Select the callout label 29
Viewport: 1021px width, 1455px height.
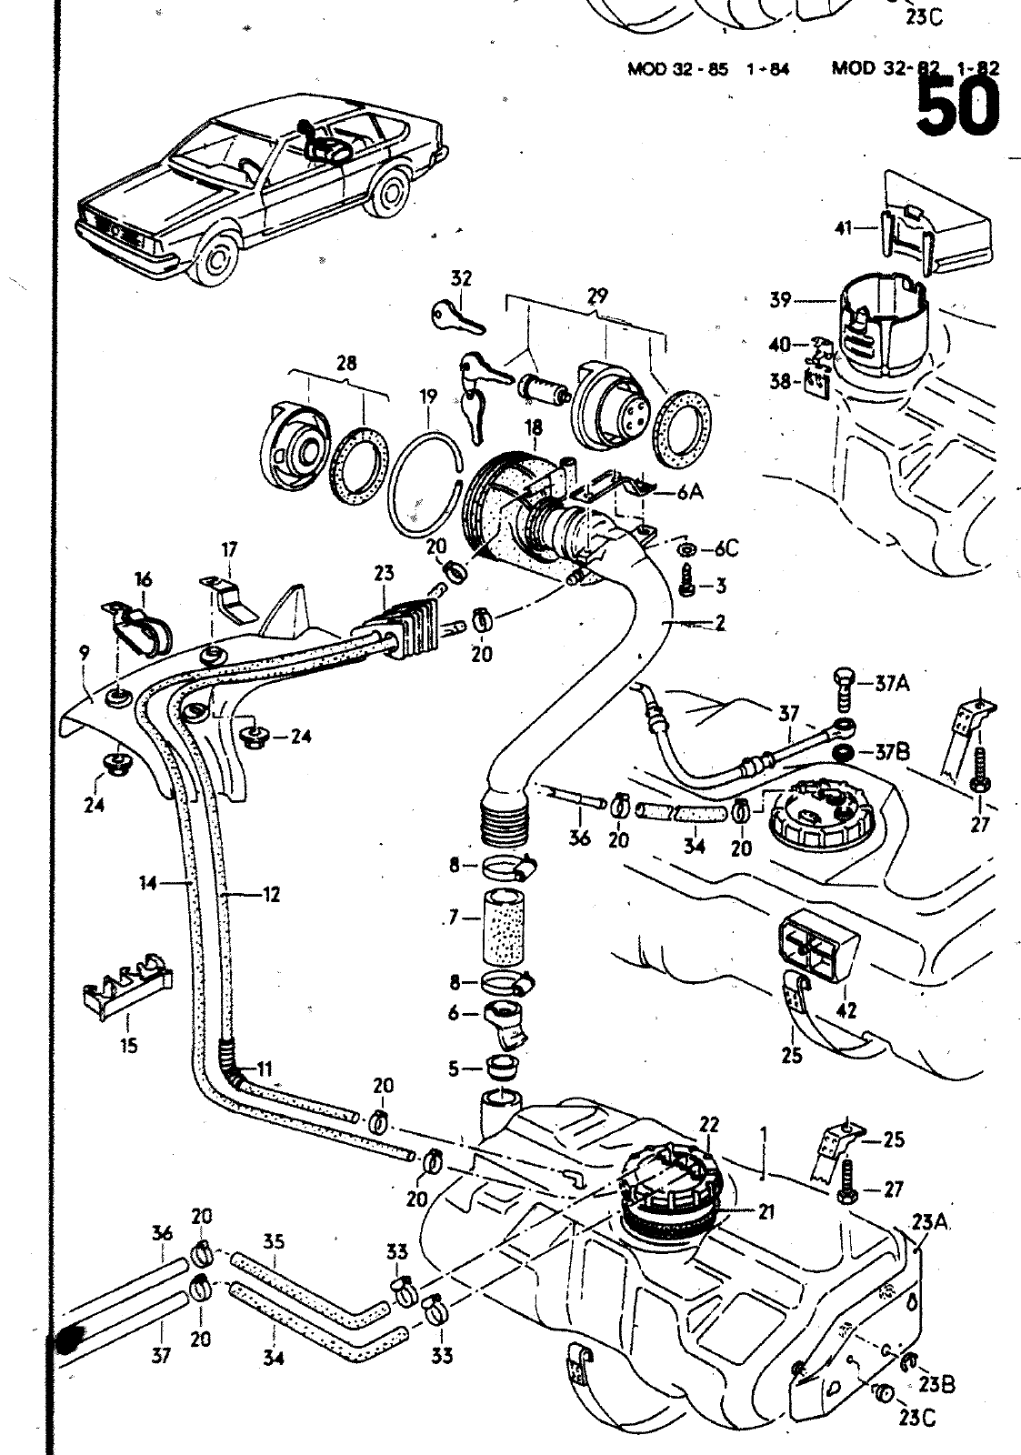[597, 296]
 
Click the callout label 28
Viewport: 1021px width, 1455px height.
[345, 364]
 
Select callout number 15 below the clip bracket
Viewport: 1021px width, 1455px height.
[128, 1046]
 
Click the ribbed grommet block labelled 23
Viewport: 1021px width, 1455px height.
[393, 627]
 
